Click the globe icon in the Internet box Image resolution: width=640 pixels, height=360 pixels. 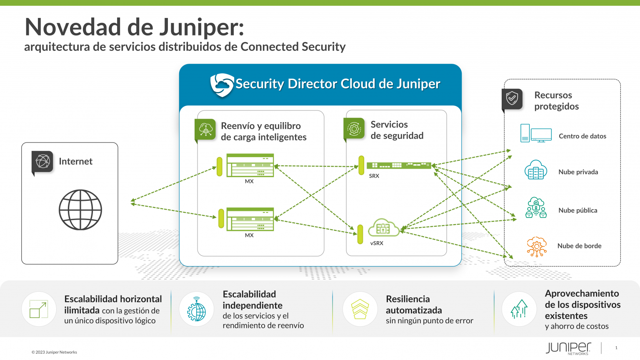[x=80, y=210]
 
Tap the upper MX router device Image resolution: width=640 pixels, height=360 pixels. [x=250, y=165]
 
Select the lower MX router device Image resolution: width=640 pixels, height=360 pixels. [x=250, y=219]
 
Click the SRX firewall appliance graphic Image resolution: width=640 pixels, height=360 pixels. [x=398, y=165]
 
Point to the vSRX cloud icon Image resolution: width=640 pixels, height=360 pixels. [x=383, y=227]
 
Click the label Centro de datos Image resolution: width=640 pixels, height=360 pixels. [x=582, y=136]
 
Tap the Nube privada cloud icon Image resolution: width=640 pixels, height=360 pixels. [x=536, y=170]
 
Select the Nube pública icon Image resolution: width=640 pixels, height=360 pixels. [x=536, y=208]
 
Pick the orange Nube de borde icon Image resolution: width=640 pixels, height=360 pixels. [x=536, y=246]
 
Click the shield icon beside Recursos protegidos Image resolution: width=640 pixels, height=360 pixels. [x=512, y=99]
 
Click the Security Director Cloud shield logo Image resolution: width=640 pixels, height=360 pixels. [x=222, y=85]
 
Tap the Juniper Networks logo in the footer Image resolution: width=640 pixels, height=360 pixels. [x=568, y=348]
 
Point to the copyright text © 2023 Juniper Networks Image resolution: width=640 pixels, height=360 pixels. [x=54, y=352]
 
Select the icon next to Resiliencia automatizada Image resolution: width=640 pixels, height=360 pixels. [x=360, y=309]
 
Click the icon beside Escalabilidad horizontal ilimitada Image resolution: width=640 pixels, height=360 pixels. [x=39, y=309]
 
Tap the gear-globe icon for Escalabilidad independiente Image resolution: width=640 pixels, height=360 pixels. [x=196, y=309]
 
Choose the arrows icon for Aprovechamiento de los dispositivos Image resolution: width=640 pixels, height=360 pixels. [x=519, y=309]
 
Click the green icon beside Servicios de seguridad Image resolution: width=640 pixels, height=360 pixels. [x=354, y=129]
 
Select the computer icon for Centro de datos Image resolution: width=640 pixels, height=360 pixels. [x=536, y=133]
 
